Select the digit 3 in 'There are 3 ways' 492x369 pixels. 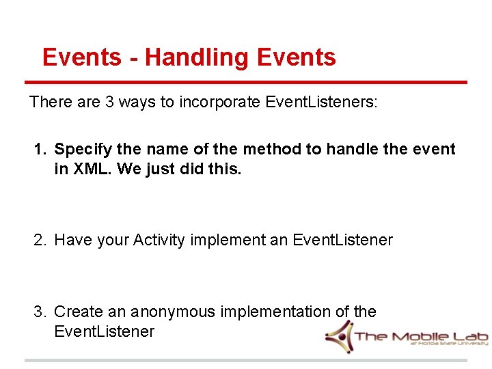110,102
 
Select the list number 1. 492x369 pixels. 40,150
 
